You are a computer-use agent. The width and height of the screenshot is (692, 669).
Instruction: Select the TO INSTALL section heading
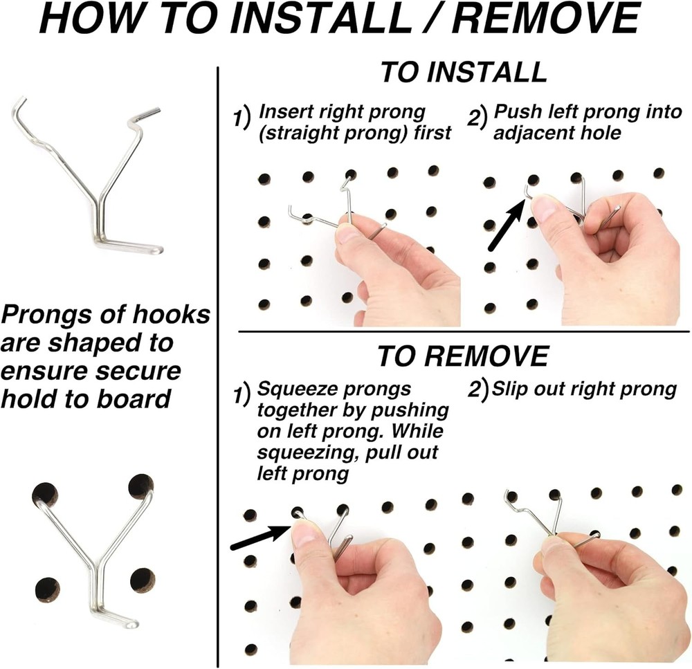click(x=463, y=73)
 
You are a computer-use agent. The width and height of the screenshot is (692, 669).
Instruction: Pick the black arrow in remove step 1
click(x=259, y=538)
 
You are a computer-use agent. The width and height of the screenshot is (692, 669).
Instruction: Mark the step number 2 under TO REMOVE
click(x=477, y=390)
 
